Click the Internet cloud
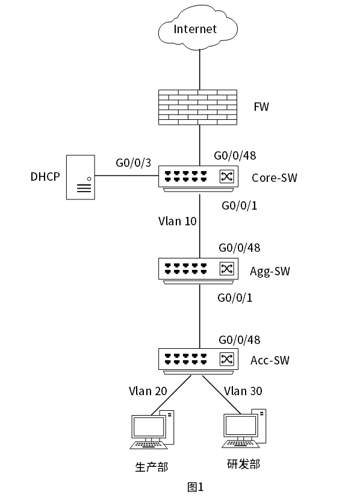198,28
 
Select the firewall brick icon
198,107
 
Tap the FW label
261,107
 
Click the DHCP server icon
81,177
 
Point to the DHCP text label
45,177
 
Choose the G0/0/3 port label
133,163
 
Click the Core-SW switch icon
198,178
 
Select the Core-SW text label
274,178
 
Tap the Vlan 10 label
178,221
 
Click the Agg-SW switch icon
198,271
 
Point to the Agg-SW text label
270,271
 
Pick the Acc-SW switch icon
198,361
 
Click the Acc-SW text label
270,360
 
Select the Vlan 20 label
148,391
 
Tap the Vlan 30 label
243,391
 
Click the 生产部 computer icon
152,430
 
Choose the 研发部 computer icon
244,428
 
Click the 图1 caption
196,487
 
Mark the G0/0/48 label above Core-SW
235,155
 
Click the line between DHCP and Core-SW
126,175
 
